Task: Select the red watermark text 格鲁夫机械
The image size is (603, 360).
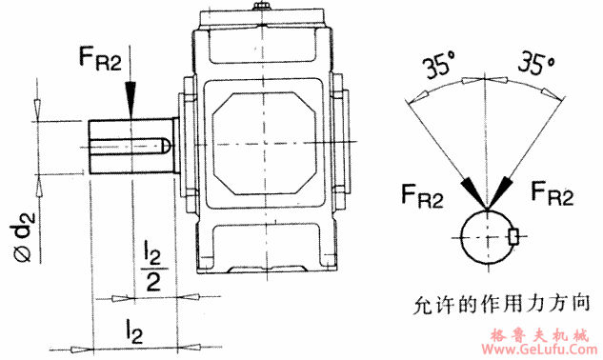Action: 543,334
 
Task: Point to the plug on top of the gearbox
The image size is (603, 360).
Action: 262,11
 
